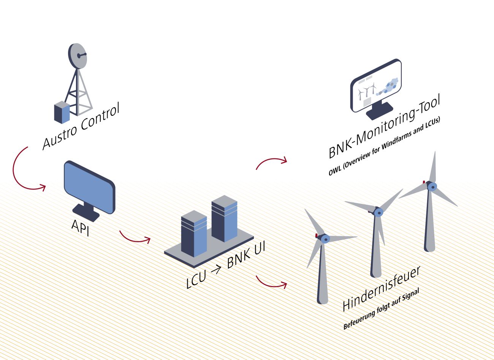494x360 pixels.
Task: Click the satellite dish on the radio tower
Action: tap(78, 56)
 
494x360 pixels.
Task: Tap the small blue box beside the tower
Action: tap(62, 112)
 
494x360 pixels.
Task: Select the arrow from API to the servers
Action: tap(135, 238)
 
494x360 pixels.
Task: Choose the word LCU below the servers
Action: tap(196, 279)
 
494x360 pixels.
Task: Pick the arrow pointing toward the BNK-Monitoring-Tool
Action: tap(271, 161)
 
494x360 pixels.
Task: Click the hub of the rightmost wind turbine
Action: tap(432, 186)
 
